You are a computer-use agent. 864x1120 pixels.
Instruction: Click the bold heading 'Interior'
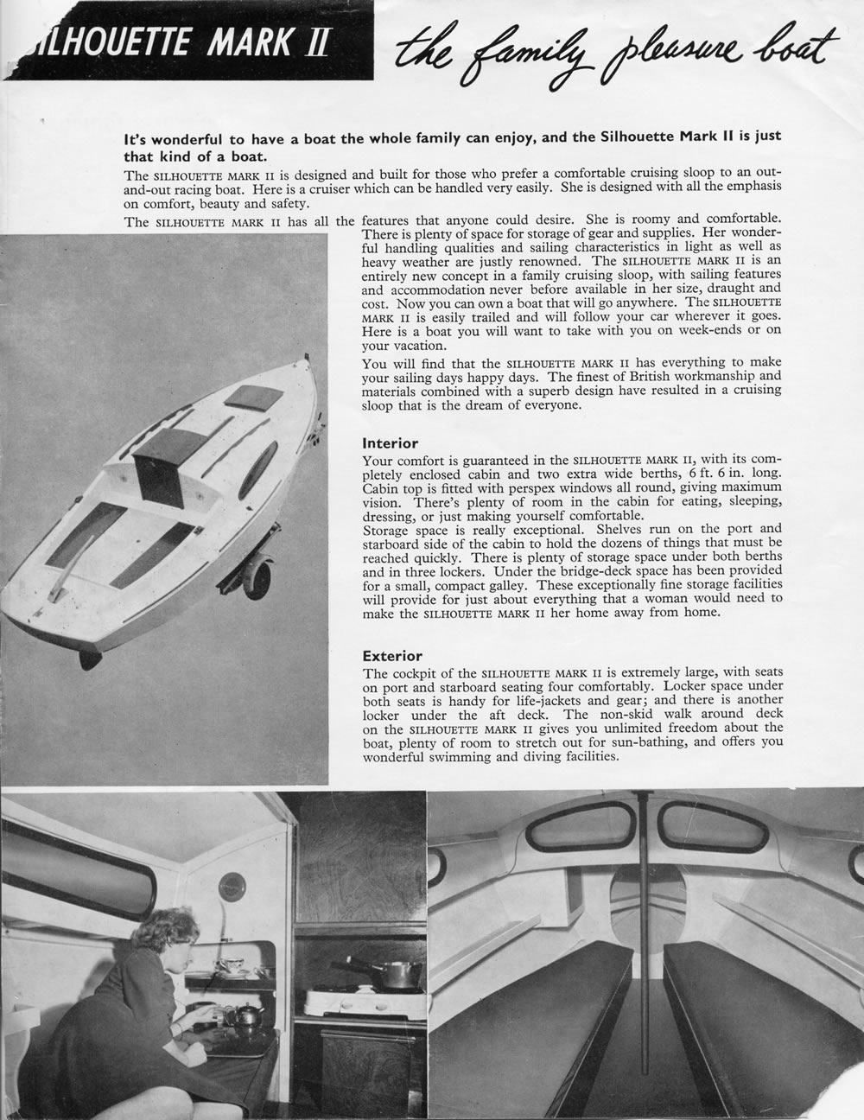(x=391, y=442)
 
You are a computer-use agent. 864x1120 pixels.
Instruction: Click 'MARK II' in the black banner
(x=268, y=43)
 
